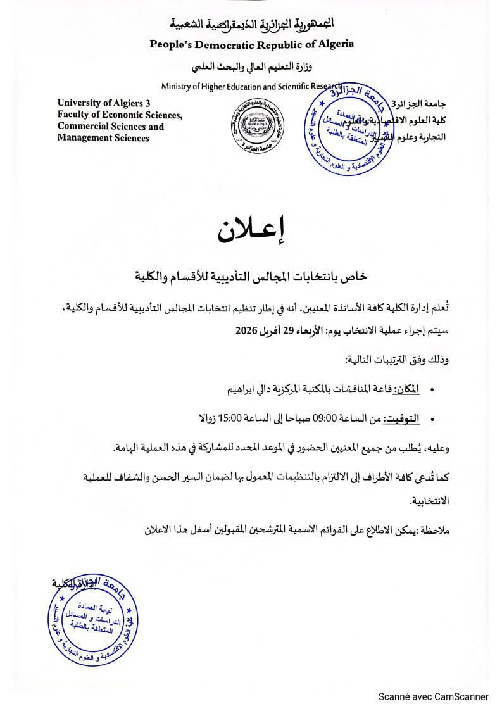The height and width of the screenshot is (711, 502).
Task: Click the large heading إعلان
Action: [x=251, y=232]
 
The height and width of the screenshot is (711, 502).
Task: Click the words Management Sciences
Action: [x=103, y=138]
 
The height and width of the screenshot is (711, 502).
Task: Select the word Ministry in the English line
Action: [x=177, y=86]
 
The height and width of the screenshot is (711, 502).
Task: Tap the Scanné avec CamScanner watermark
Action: [x=434, y=696]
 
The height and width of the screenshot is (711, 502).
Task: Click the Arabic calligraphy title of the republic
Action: [x=251, y=25]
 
